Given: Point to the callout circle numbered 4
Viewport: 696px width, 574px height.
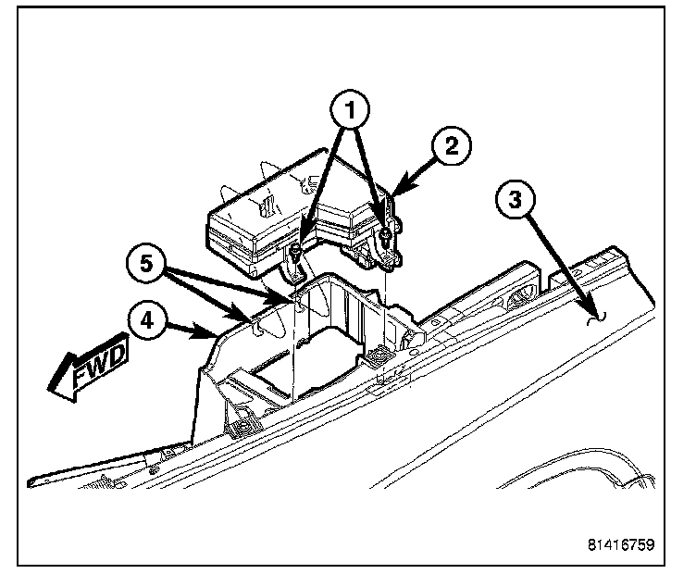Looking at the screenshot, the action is pos(148,325).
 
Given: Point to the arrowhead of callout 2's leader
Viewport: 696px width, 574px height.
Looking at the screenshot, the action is pos(392,193).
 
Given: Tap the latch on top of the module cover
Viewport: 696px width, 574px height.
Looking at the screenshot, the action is pos(267,198).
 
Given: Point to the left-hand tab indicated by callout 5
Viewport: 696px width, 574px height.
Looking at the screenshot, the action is pos(252,320).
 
